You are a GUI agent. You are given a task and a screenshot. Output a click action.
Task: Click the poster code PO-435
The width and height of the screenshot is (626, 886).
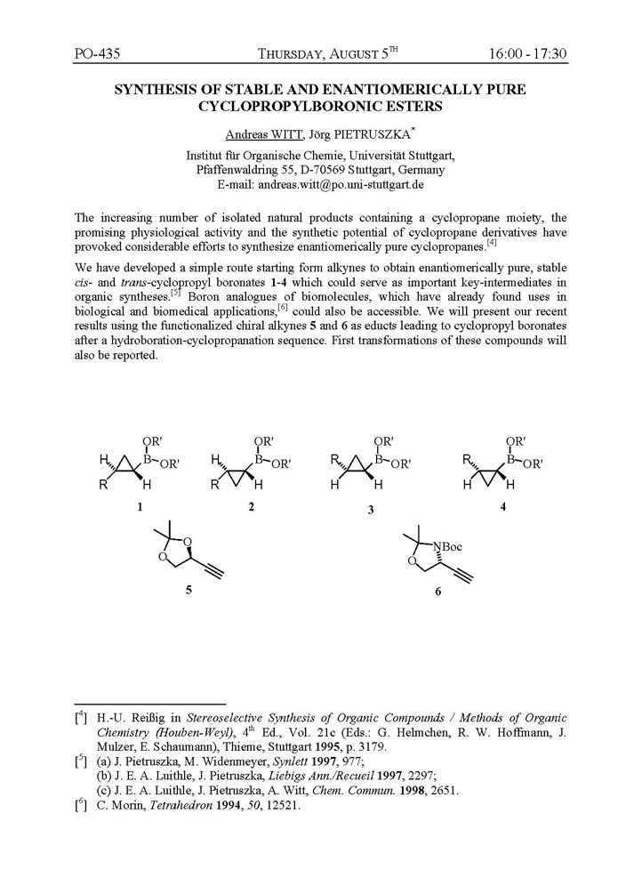click(x=98, y=54)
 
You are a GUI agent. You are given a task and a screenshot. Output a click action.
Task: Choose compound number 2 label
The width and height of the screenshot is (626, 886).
click(x=252, y=506)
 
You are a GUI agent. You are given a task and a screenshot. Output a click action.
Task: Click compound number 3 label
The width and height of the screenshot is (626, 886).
click(x=370, y=509)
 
